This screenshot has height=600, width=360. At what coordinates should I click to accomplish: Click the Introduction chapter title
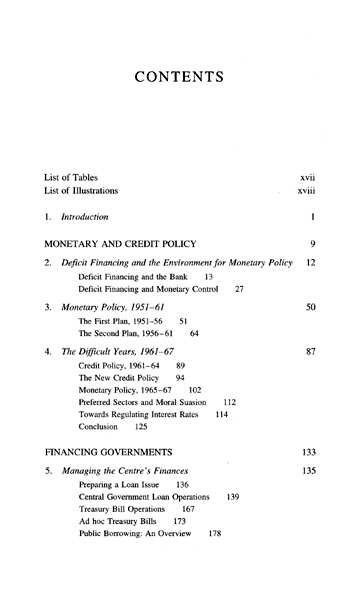[85, 217]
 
